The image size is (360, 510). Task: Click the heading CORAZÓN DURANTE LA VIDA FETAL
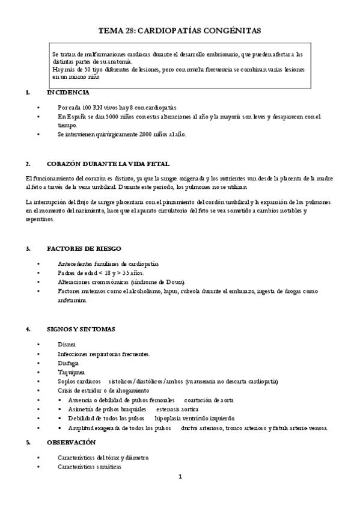click(x=108, y=164)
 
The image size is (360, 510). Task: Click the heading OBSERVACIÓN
click(x=71, y=443)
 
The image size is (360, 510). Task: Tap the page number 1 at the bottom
click(x=180, y=477)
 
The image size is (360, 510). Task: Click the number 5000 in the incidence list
click(x=96, y=116)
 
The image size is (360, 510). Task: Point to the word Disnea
click(x=67, y=345)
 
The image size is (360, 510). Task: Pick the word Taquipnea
click(x=71, y=372)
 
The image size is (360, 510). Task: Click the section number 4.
click(x=28, y=329)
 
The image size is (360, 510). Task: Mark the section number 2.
click(x=28, y=164)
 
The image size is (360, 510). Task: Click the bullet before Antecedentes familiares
click(x=38, y=264)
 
